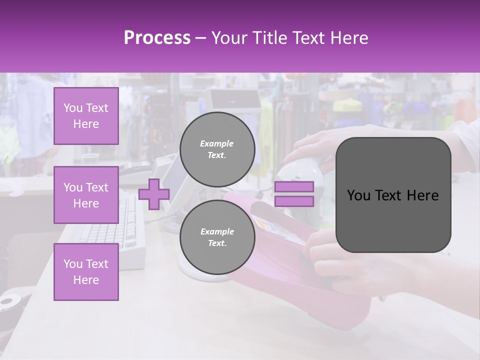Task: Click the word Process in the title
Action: coord(157,38)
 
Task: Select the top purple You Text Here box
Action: coord(86,116)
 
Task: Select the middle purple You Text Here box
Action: coord(86,195)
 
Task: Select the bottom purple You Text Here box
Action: coord(86,272)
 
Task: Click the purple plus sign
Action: coord(154,194)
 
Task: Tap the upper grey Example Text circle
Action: coord(217,149)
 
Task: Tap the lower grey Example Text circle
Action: coord(217,237)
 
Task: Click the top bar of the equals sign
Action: coord(294,187)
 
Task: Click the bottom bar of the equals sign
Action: coord(294,201)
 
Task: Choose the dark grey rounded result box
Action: coord(393,195)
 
